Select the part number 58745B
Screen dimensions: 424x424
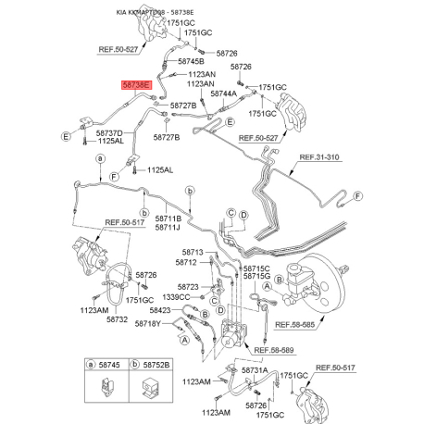pos(189,61)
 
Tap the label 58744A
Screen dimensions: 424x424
pos(224,94)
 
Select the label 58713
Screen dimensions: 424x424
pos(192,252)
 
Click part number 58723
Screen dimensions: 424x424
pos(187,286)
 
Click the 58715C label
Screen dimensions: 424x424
pos(256,268)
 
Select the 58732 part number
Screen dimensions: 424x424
pos(117,319)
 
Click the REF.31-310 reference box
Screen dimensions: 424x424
pos(320,157)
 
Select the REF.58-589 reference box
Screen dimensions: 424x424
pos(275,351)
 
